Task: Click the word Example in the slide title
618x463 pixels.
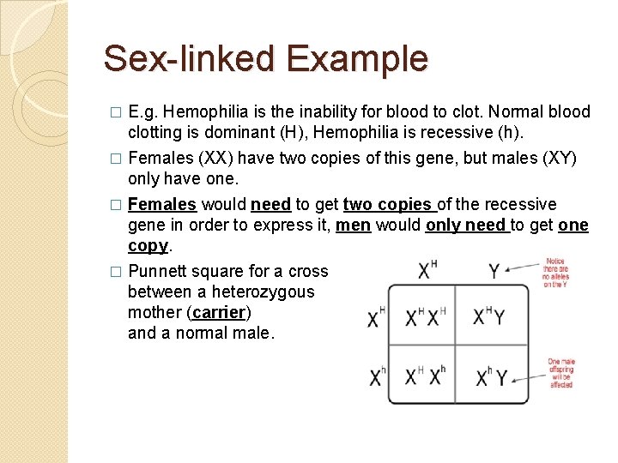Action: (357, 59)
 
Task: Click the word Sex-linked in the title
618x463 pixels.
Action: (190, 59)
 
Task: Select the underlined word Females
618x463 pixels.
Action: (162, 204)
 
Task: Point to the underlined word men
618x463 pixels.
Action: (353, 225)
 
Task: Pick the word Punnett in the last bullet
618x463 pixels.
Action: (156, 271)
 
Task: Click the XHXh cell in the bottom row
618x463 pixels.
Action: (421, 376)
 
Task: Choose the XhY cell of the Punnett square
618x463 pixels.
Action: (490, 376)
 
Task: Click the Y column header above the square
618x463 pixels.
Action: (494, 271)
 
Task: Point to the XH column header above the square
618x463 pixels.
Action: (427, 270)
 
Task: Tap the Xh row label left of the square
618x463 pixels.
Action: (376, 376)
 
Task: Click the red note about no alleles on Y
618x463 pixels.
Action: (556, 272)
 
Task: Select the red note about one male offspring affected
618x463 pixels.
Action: (561, 374)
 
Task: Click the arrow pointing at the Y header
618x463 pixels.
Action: (523, 269)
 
